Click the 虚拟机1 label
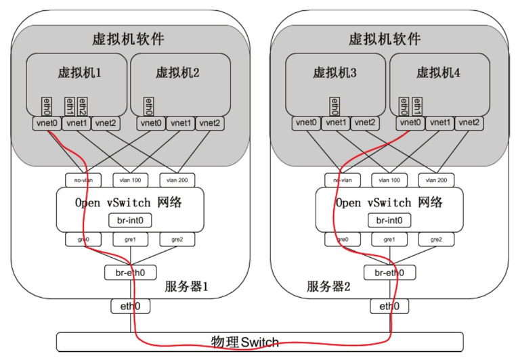[x=79, y=72]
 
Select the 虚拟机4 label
[x=438, y=72]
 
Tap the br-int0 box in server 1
[x=130, y=220]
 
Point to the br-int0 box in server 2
[x=389, y=220]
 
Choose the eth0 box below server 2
[x=389, y=307]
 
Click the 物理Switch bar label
[x=244, y=342]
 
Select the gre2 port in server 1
[x=178, y=240]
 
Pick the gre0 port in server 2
[x=343, y=240]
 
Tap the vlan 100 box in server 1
[x=131, y=180]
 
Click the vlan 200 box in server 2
[x=437, y=180]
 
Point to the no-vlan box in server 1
[x=84, y=180]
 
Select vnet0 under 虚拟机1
[x=47, y=123]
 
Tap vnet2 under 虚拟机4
[x=469, y=123]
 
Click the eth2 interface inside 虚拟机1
[x=82, y=106]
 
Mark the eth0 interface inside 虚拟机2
[x=148, y=106]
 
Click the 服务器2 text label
[x=330, y=287]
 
